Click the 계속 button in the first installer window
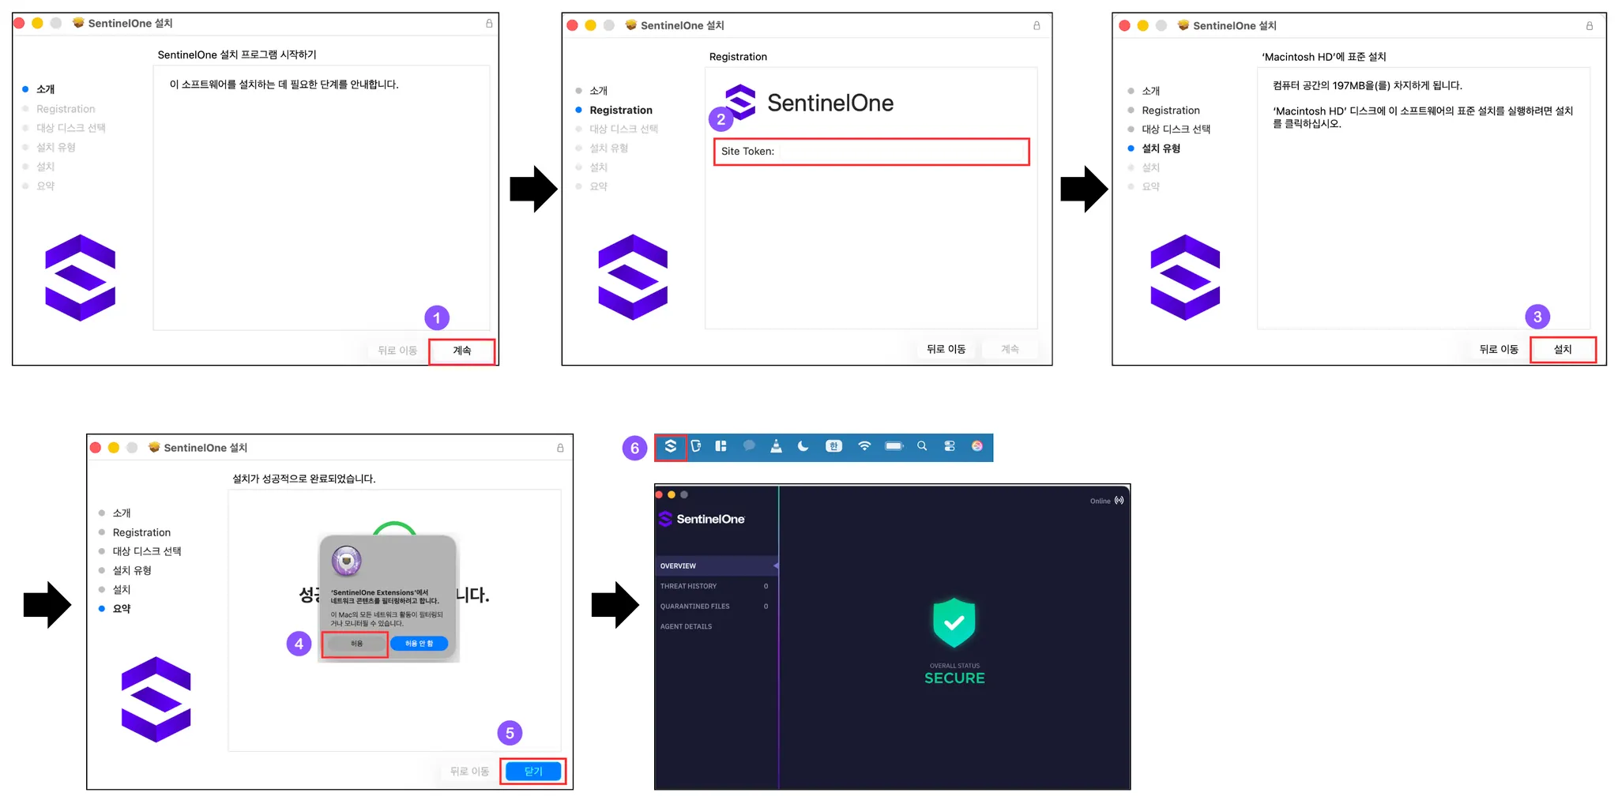[462, 351]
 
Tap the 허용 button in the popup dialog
[356, 644]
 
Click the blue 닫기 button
[533, 771]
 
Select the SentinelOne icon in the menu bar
[670, 447]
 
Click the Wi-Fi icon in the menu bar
[864, 446]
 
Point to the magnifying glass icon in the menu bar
[921, 446]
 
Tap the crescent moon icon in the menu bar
[803, 446]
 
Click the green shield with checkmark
[954, 622]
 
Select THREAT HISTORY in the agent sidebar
[689, 586]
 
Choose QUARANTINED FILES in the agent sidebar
[695, 607]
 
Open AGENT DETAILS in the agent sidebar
[687, 626]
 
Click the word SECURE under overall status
[954, 678]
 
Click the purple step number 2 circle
[721, 119]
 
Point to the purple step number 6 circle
[634, 448]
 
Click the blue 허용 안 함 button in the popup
[419, 644]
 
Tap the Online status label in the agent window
[1101, 501]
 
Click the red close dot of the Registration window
[573, 25]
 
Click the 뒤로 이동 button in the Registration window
[946, 349]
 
